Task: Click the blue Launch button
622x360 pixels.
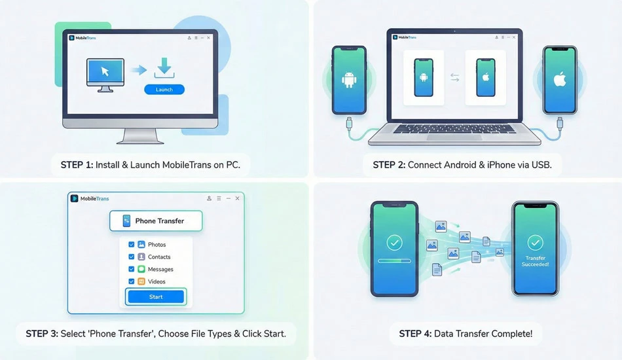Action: [x=164, y=90]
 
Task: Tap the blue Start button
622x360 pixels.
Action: [x=156, y=297]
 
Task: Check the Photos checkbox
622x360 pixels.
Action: [x=132, y=245]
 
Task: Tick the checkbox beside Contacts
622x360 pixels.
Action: [x=132, y=257]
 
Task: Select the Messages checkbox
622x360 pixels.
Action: [x=132, y=269]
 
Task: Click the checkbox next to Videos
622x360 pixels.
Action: [x=132, y=281]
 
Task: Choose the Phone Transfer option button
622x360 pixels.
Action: [x=156, y=221]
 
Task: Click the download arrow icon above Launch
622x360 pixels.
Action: [x=164, y=68]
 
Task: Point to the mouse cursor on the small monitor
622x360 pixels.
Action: [x=105, y=71]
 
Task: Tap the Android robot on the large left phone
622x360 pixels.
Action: [x=349, y=80]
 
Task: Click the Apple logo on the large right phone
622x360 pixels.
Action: [x=560, y=79]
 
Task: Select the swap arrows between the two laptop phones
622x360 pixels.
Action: [x=454, y=77]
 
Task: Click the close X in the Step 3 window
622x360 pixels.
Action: [x=237, y=198]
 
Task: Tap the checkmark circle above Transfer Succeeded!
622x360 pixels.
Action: [x=535, y=242]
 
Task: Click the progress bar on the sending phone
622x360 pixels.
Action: [x=394, y=261]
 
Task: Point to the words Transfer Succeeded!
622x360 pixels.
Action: [x=535, y=261]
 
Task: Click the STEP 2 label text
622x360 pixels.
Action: [x=389, y=165]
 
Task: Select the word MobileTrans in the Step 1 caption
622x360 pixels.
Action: [x=187, y=165]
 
